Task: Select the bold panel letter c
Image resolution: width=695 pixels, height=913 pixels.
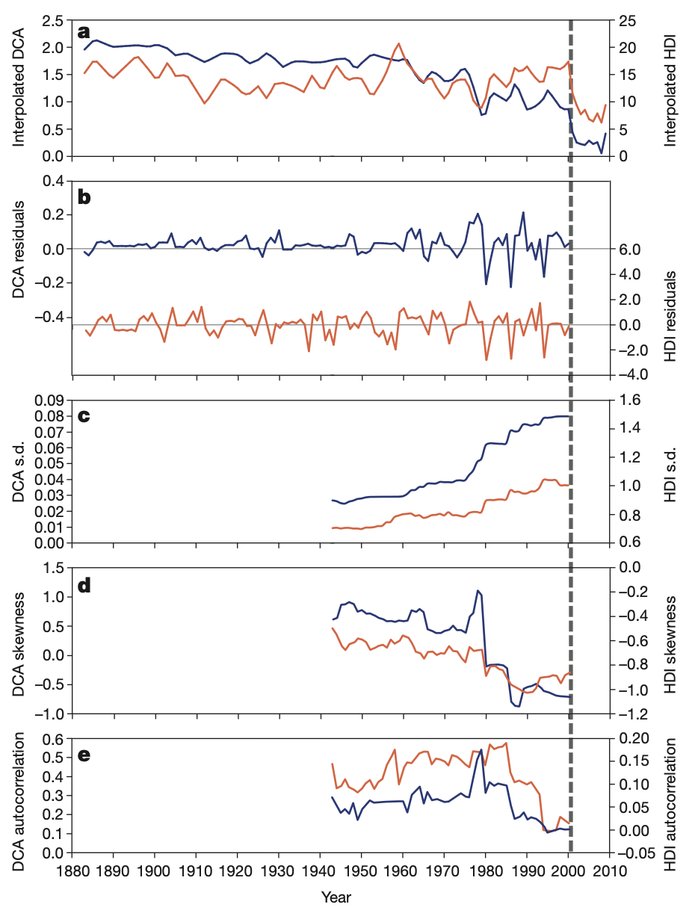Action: [84, 415]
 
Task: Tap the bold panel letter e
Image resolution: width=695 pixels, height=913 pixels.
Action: [84, 754]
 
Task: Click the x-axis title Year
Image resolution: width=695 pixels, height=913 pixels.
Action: [336, 896]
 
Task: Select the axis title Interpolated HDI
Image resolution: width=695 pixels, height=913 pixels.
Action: [671, 89]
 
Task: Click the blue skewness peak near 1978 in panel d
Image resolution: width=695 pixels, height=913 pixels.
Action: [478, 590]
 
